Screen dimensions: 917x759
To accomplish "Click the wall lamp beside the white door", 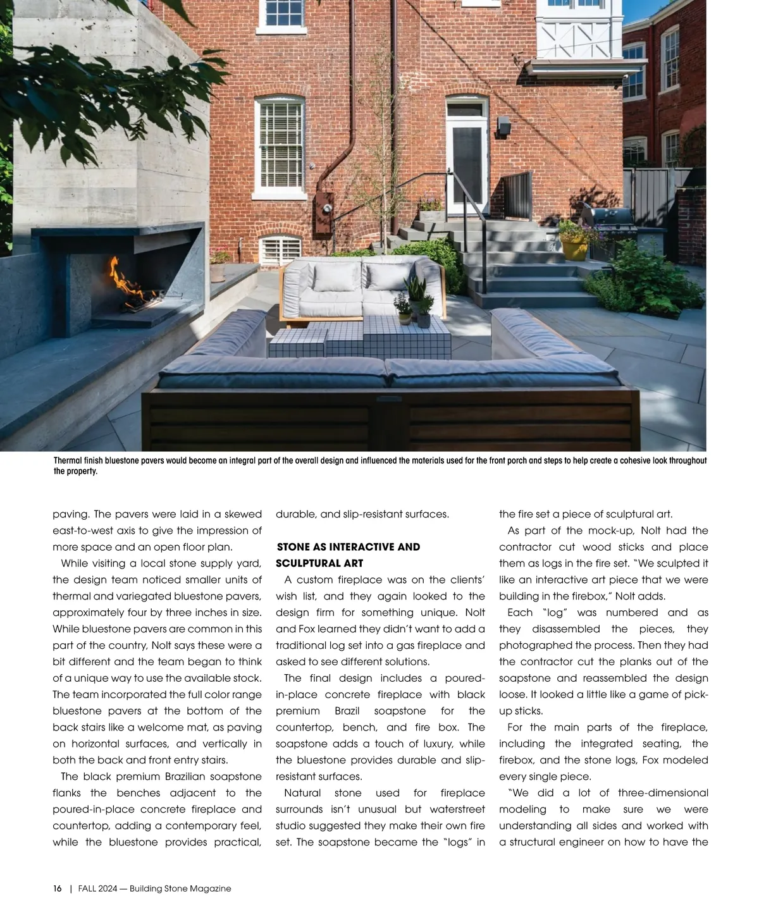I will point(504,126).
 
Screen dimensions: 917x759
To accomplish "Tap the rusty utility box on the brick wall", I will point(324,206).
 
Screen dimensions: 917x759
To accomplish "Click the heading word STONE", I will point(293,547).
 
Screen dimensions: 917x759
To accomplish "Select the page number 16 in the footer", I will point(57,889).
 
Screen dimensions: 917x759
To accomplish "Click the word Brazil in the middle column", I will point(347,711).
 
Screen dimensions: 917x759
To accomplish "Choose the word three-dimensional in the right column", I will point(663,793).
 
